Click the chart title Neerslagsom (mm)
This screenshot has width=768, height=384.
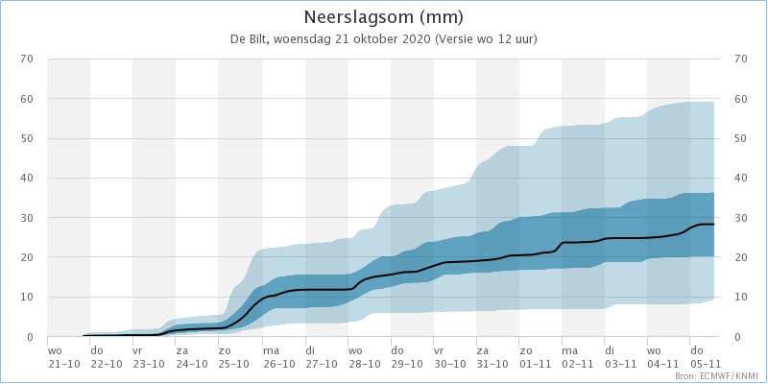[383, 17]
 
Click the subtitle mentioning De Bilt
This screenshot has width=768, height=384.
[383, 39]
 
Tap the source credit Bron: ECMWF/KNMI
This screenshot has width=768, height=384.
[718, 375]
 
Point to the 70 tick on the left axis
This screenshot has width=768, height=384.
[27, 59]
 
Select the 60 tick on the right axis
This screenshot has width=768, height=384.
[740, 99]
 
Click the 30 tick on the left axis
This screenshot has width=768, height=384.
[27, 218]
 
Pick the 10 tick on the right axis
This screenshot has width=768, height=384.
[740, 297]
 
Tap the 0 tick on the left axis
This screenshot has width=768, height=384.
[30, 337]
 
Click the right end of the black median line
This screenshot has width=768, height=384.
[714, 225]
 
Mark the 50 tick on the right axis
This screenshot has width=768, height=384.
[740, 138]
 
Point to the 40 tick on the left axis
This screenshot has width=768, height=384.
[27, 178]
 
